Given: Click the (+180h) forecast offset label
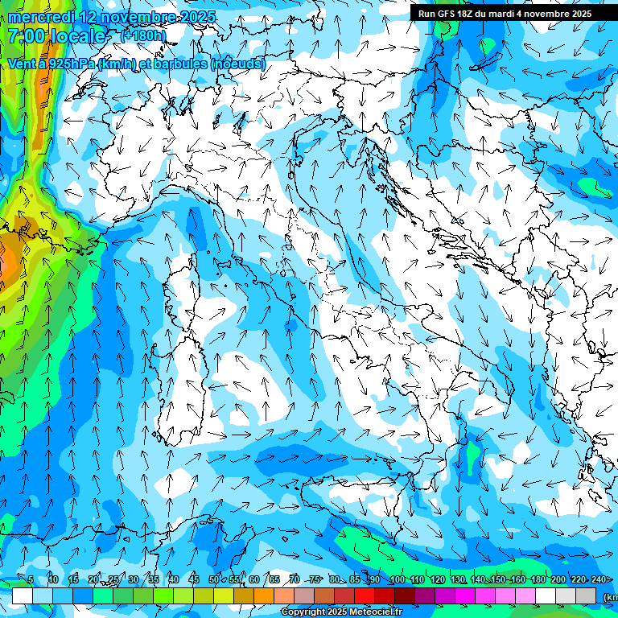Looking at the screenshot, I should click(143, 35).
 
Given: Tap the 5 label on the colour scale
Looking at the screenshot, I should click(31, 579).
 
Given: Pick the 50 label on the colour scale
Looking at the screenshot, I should click(213, 579).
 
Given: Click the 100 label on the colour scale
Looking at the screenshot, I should click(397, 579).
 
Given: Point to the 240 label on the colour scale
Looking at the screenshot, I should click(599, 579).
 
